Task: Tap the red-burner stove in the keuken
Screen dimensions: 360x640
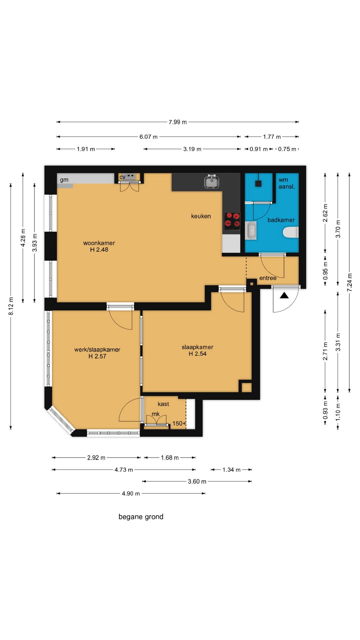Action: [232, 221]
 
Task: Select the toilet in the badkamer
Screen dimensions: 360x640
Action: [291, 232]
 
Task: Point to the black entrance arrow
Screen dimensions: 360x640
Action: [284, 295]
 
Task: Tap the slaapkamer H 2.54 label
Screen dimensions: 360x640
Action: [197, 350]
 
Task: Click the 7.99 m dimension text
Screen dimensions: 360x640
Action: [178, 122]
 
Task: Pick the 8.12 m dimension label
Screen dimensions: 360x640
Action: [11, 306]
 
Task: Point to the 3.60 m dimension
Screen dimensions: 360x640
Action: [197, 481]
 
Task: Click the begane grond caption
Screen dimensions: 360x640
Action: [141, 517]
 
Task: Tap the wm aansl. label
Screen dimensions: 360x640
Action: [287, 183]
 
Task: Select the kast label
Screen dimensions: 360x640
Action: [163, 404]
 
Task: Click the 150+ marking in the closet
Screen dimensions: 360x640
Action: [179, 423]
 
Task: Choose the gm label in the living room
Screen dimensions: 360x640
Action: [64, 180]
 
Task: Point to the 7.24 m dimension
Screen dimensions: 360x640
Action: [349, 282]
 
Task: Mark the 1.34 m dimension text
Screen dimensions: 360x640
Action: [232, 470]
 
